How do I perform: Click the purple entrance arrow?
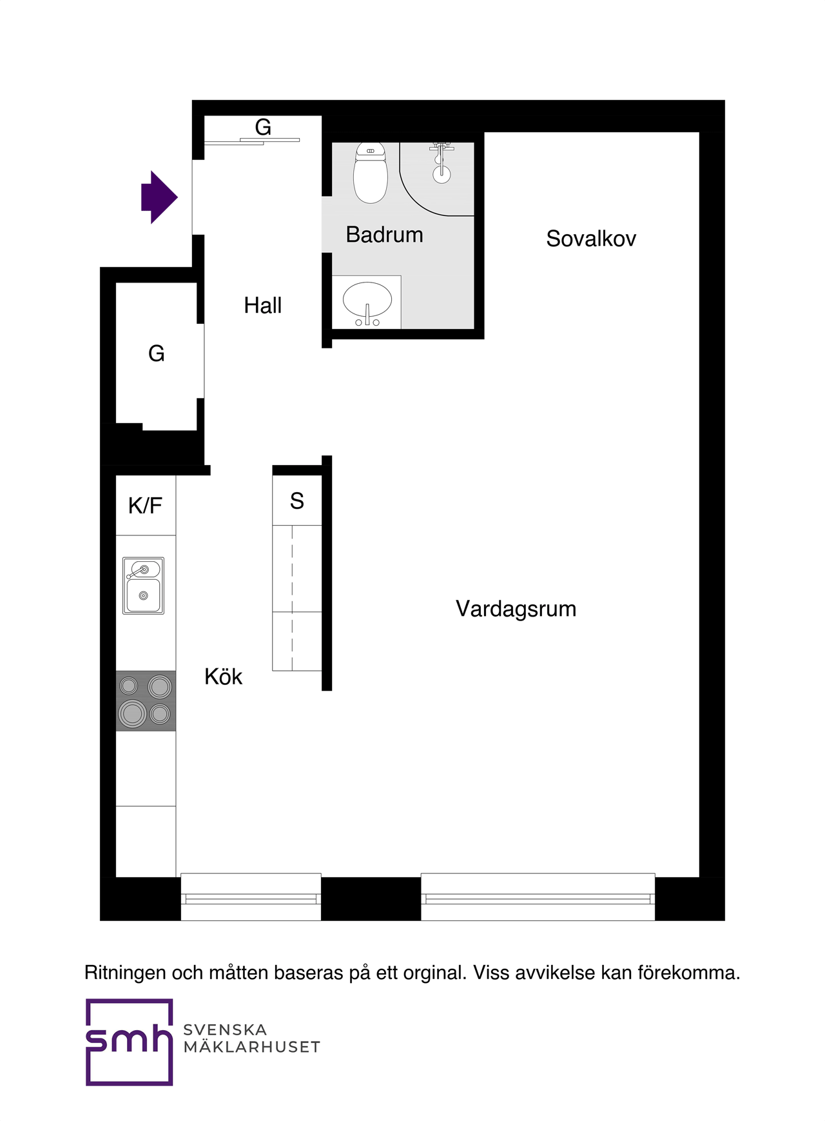158,197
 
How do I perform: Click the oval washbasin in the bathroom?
367,300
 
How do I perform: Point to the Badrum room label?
384,235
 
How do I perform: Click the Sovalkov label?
590,239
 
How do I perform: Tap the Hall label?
262,305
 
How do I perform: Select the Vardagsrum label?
516,609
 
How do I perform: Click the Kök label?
223,677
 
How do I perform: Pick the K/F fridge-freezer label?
145,506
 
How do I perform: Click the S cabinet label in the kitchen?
296,501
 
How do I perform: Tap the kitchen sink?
143,586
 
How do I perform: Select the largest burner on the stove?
132,713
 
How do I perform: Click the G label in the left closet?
156,353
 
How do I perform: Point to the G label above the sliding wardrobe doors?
262,126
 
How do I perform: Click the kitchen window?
251,897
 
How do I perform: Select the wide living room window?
538,897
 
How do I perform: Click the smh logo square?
129,1042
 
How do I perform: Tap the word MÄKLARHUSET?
251,1047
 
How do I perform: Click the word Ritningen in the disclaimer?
125,973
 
